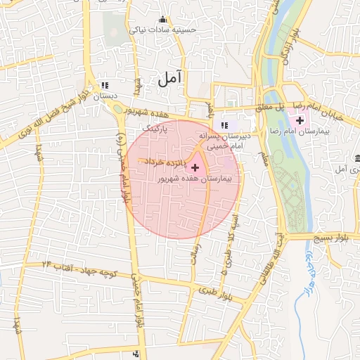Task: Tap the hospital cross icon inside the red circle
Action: click(195, 167)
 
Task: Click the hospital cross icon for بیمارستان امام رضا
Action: click(300, 121)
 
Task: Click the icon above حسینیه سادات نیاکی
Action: click(164, 19)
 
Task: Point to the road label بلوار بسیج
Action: click(336, 238)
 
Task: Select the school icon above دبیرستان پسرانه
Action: click(224, 126)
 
